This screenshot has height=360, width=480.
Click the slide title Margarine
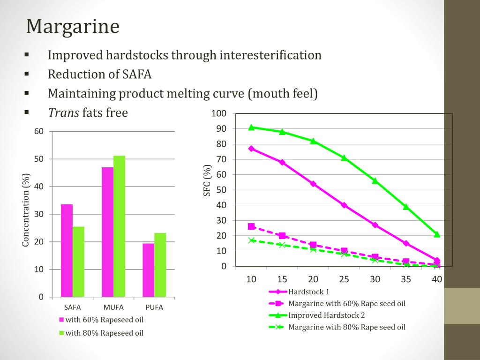click(73, 27)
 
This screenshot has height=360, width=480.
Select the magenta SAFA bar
click(67, 250)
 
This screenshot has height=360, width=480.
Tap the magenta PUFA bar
click(148, 270)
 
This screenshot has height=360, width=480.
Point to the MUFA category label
click(113, 307)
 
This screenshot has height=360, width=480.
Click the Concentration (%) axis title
click(26, 210)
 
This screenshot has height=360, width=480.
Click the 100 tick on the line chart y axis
click(219, 113)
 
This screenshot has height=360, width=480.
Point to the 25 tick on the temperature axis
click(344, 279)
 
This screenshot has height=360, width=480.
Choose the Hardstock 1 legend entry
click(309, 292)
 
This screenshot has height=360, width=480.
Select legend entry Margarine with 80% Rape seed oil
click(346, 327)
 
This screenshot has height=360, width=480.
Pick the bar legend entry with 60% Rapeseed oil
click(104, 320)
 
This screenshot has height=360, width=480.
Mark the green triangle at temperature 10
click(251, 127)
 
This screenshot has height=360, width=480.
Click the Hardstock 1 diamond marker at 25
click(344, 205)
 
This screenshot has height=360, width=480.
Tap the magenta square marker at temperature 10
click(251, 226)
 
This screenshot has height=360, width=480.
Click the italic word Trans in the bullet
click(64, 112)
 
